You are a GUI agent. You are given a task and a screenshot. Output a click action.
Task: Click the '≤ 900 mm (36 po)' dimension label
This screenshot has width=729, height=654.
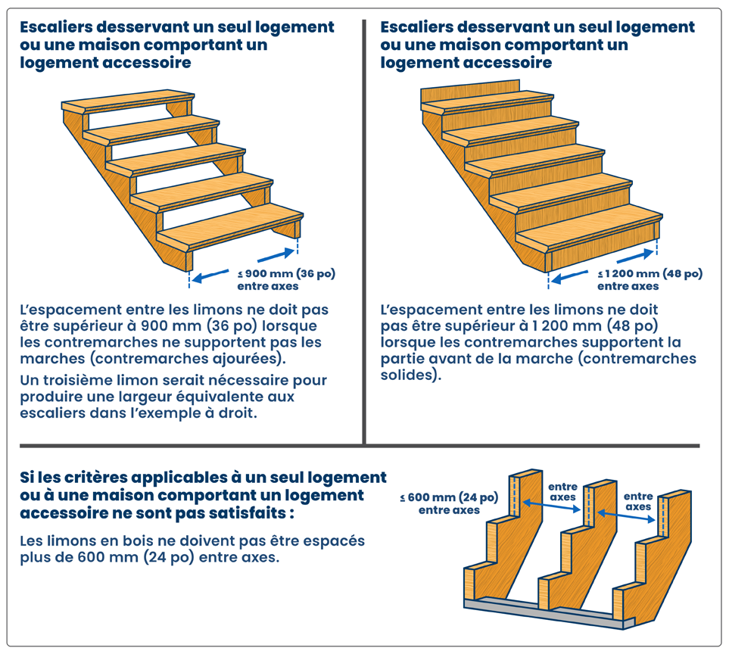click(286, 273)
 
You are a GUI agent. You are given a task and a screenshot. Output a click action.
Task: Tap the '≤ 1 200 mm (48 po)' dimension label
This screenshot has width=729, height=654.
click(650, 273)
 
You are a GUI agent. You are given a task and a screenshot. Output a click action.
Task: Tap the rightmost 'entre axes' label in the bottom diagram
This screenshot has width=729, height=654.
click(638, 501)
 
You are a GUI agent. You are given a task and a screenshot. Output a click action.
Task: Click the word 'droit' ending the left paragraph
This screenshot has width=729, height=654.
click(238, 413)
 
